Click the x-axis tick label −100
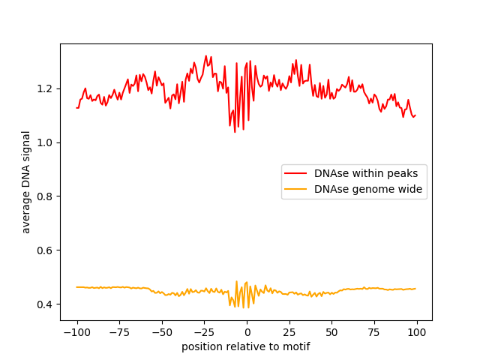point(76,332)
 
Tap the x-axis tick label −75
point(118,332)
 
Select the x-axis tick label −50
point(161,332)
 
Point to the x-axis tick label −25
point(204,332)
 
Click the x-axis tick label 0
point(247,332)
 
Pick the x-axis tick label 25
point(289,332)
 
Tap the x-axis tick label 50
point(332,332)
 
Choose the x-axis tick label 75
point(375,332)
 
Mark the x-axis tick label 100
point(418,332)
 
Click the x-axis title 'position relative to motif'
point(246,346)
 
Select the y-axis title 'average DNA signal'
point(26,182)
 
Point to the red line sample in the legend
point(296,173)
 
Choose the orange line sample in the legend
point(296,189)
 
